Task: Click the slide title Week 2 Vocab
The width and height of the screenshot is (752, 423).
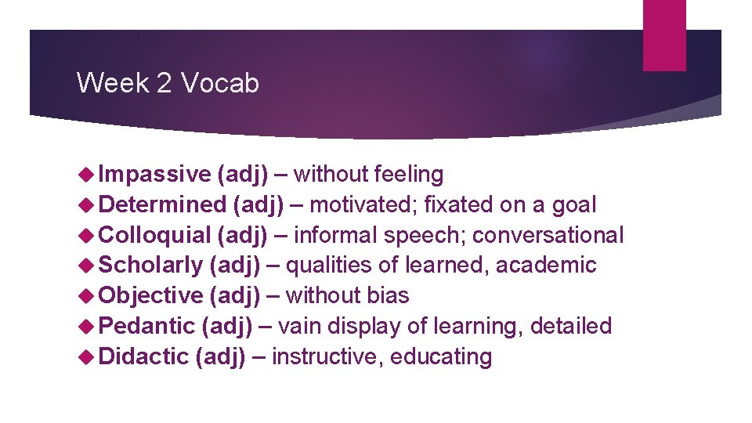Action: tap(168, 82)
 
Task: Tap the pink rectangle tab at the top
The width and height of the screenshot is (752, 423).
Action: tap(664, 35)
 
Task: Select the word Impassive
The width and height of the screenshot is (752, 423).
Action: tap(155, 174)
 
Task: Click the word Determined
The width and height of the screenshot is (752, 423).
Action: tap(163, 204)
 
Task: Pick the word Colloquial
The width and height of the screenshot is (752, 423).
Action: tap(156, 235)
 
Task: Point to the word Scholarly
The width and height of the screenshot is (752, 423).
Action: tap(151, 266)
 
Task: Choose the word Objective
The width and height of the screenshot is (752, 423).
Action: tap(151, 295)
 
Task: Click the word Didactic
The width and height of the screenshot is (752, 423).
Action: tap(144, 356)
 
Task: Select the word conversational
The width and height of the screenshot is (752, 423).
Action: tap(548, 235)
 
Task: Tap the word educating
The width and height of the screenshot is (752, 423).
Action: tap(441, 356)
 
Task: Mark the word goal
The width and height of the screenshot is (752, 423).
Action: tap(573, 204)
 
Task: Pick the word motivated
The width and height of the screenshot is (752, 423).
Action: tap(362, 204)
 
